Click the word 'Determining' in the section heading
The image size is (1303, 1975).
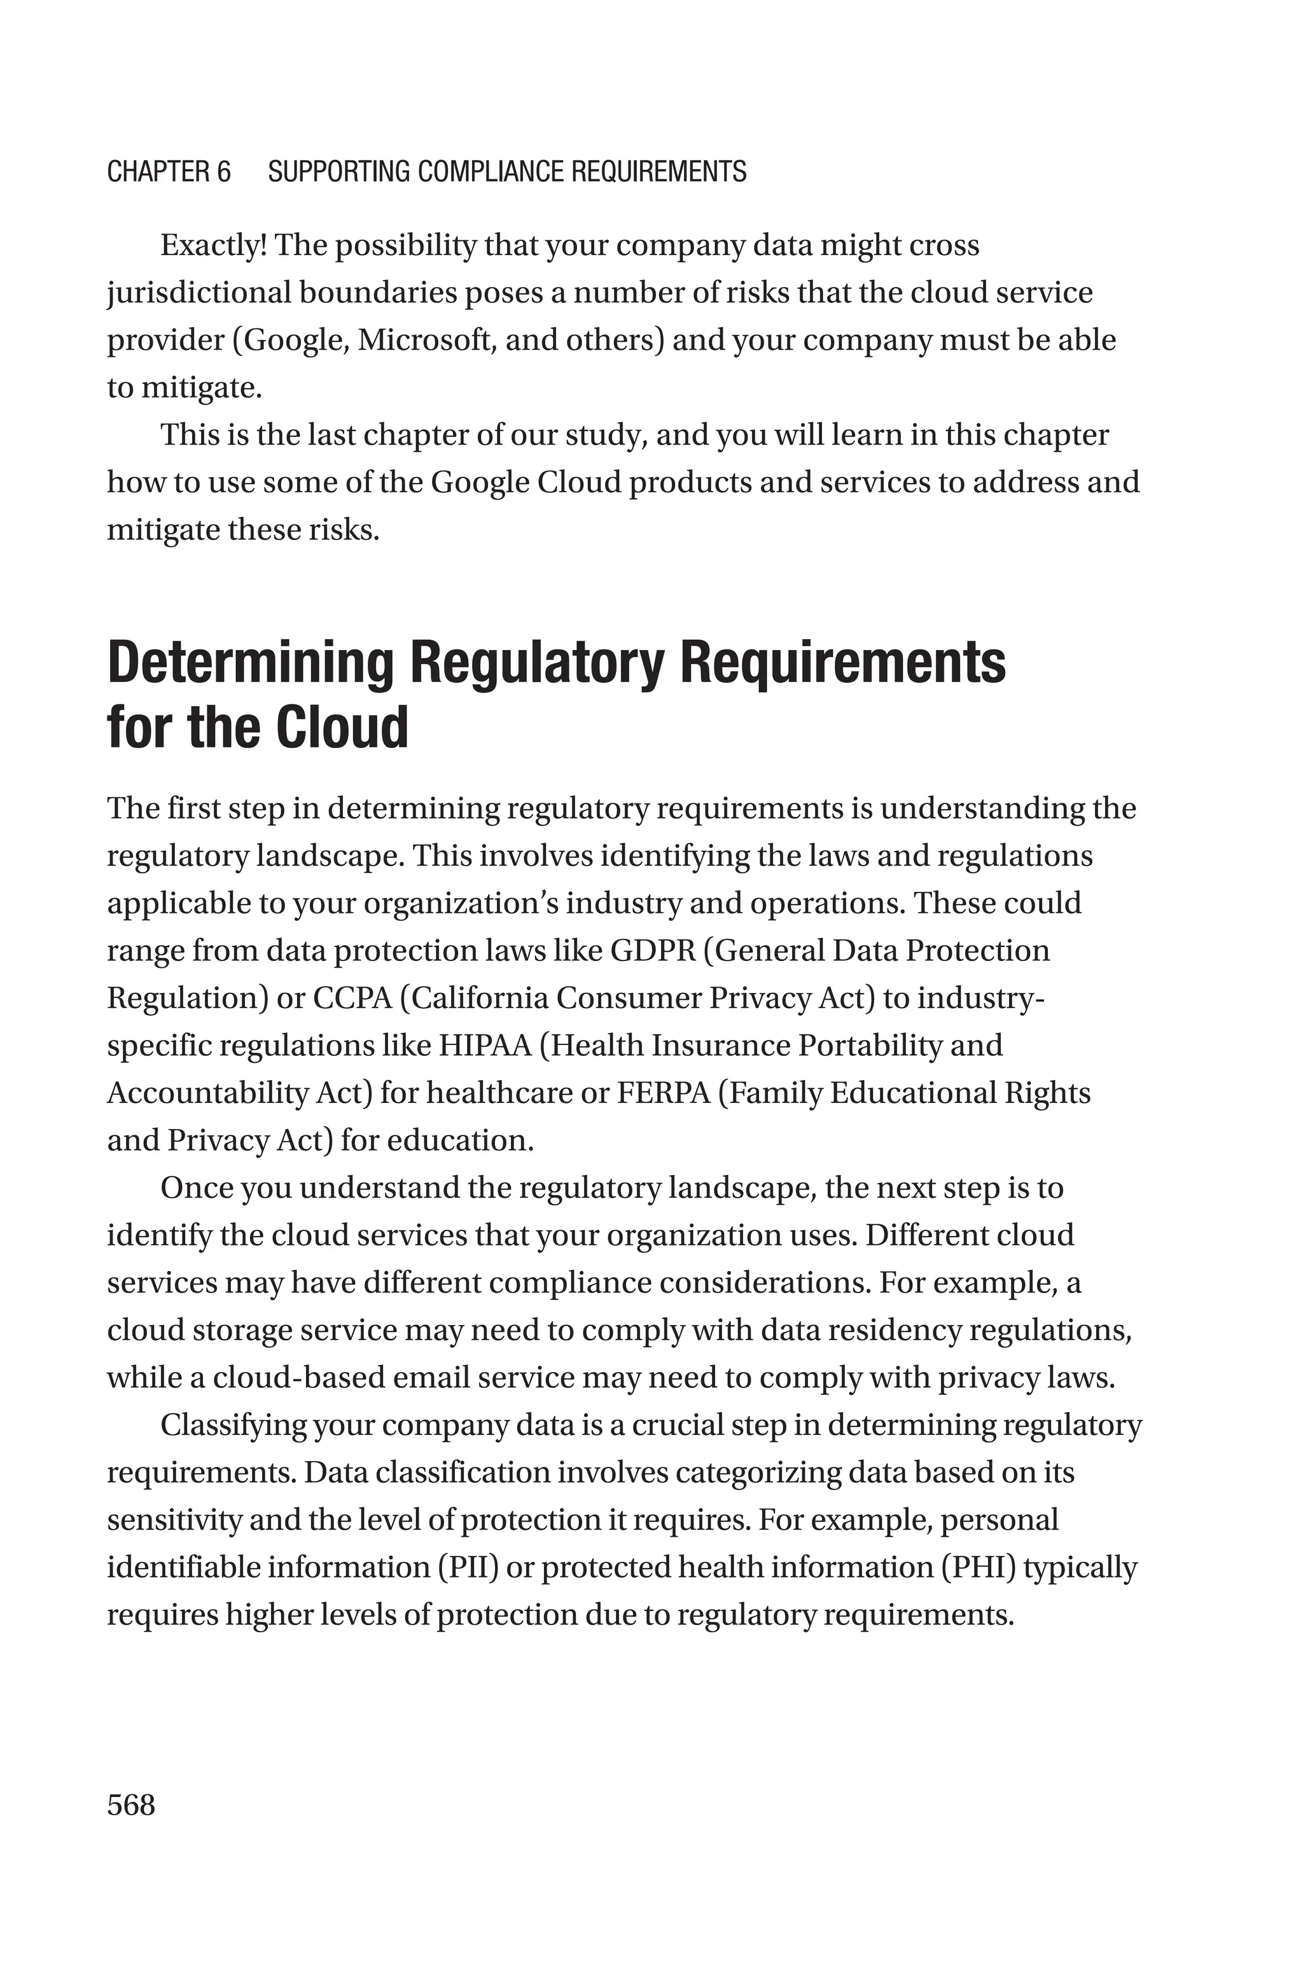[249, 663]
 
